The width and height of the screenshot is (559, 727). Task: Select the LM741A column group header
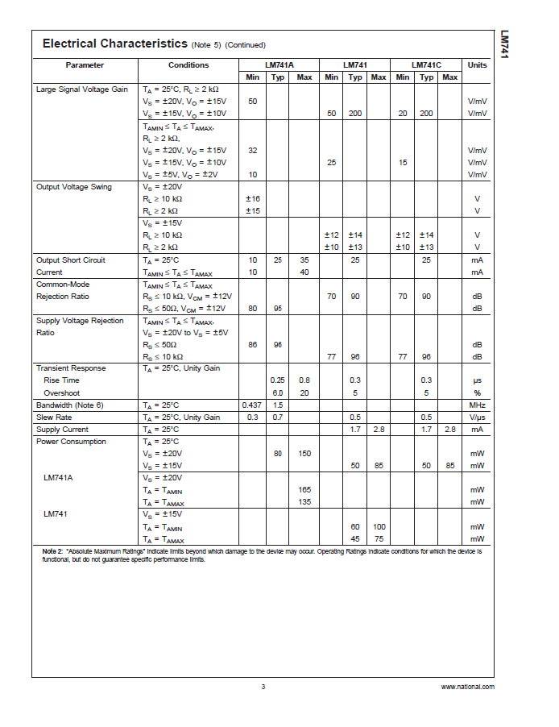tap(279, 64)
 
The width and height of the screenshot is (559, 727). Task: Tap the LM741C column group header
tap(425, 64)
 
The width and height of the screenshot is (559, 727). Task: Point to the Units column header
tap(477, 64)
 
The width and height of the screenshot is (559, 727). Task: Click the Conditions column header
tap(188, 64)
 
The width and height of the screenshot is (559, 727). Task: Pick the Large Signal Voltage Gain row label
tap(82, 89)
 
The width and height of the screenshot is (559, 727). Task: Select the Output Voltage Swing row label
tap(73, 187)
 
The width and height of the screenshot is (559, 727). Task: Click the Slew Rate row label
tap(54, 418)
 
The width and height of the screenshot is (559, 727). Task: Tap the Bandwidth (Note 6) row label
tap(70, 405)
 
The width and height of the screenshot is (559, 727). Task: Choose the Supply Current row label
tap(62, 430)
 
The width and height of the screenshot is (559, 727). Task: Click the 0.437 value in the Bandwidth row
tap(252, 405)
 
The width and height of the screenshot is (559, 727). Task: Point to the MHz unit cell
tap(477, 405)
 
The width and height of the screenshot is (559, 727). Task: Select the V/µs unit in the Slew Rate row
tap(477, 418)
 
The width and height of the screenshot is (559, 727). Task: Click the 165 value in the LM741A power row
tap(304, 490)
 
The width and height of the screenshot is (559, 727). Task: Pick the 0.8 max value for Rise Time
tap(304, 380)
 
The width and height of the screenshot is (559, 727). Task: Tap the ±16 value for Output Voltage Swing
tap(252, 198)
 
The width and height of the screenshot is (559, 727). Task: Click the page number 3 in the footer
tap(263, 687)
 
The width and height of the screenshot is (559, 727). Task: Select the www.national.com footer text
tap(468, 687)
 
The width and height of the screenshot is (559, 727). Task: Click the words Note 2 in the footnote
tap(52, 551)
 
